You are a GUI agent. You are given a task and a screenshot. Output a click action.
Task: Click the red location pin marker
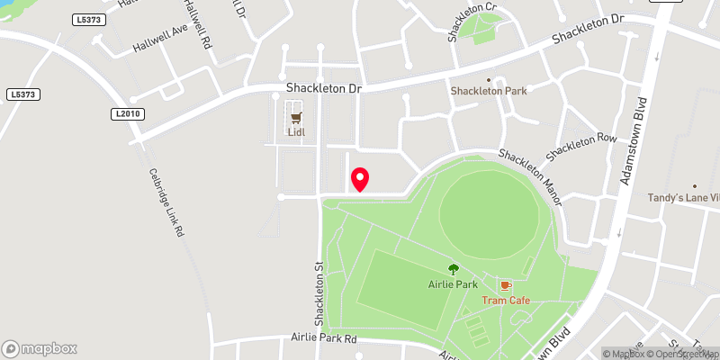tap(360, 179)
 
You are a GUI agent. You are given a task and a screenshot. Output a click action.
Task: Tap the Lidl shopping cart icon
tap(295, 116)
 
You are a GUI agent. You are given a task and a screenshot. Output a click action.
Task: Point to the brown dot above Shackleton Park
tap(489, 79)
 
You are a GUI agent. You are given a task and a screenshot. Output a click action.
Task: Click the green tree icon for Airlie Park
tap(453, 268)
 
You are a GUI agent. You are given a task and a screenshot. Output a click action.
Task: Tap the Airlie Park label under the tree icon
tap(452, 284)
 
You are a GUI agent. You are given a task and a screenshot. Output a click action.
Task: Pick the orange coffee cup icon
tap(505, 284)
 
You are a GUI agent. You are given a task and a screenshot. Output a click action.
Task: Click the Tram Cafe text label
tap(505, 300)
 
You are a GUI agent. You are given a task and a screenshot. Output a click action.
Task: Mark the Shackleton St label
tap(318, 289)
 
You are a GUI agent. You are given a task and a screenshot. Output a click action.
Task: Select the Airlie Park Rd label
tap(325, 338)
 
